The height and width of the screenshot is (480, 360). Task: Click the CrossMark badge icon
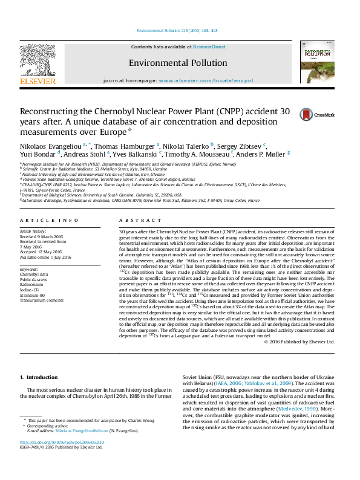point(290,114)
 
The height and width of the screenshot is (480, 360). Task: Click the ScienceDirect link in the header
point(209,47)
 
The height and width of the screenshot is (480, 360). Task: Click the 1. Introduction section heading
point(39,377)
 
